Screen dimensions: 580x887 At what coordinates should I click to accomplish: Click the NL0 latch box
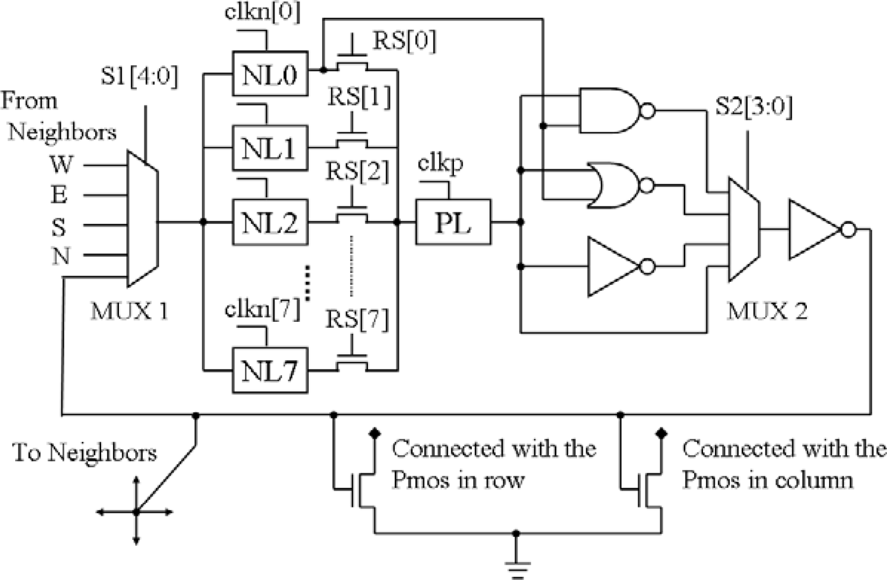click(x=270, y=74)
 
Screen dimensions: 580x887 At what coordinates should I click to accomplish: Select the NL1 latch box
click(x=270, y=148)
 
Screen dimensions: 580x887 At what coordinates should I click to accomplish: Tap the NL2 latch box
click(x=270, y=222)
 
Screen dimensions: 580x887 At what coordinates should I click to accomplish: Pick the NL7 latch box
click(x=270, y=371)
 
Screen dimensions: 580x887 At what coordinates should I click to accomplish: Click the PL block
click(x=453, y=222)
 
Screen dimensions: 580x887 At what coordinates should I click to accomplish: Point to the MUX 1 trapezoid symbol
click(x=142, y=219)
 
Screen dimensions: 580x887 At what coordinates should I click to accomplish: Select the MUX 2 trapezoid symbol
click(x=744, y=230)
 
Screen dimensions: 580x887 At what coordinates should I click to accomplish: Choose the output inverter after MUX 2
click(x=816, y=230)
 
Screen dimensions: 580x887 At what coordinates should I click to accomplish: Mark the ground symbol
click(x=517, y=565)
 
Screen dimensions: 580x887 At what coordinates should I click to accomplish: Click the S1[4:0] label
click(x=139, y=77)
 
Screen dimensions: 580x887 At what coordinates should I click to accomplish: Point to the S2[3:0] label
click(x=753, y=107)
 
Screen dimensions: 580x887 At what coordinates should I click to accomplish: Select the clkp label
click(x=441, y=164)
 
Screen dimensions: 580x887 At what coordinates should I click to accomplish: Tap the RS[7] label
click(x=356, y=320)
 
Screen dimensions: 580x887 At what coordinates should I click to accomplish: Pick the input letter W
click(x=62, y=165)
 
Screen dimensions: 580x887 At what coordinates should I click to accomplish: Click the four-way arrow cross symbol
click(x=136, y=512)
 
